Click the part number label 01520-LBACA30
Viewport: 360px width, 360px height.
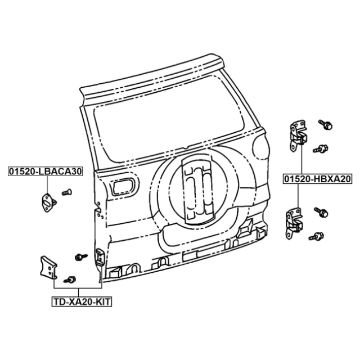[45, 171]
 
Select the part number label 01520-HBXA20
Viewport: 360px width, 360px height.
[318, 179]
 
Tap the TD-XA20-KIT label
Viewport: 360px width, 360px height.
[82, 301]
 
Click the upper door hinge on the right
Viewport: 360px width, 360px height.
[298, 136]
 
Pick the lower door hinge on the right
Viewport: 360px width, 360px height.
[294, 223]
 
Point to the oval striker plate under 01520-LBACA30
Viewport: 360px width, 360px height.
[48, 202]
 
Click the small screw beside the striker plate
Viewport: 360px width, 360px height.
[67, 192]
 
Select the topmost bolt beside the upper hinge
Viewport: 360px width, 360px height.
[326, 124]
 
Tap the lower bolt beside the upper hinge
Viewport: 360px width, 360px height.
[321, 148]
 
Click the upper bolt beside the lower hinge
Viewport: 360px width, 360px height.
[321, 212]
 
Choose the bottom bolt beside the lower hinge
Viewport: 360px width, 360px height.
[316, 236]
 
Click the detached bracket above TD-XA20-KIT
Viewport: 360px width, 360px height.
[48, 268]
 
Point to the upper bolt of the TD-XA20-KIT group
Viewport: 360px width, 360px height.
[81, 256]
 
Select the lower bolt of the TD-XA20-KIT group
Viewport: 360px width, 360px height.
[70, 280]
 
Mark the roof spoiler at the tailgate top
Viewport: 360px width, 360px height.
[151, 78]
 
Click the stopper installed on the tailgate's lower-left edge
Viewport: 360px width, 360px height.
[101, 256]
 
